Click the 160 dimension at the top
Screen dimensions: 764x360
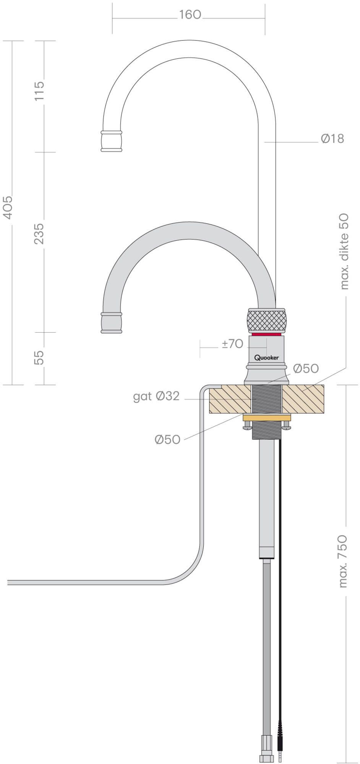190,15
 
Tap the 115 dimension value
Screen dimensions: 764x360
40,91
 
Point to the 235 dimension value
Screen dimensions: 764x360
40,233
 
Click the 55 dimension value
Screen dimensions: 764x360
40,358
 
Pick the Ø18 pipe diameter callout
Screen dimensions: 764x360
332,138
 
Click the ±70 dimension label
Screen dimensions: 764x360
232,344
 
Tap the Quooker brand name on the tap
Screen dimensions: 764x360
266,358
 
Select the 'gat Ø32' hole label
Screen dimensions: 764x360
156,396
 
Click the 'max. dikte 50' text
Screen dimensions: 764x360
344,251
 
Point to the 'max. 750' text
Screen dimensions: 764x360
343,561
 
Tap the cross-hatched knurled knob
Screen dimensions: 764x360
266,320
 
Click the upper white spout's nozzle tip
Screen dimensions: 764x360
112,141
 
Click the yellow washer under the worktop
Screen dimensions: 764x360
266,418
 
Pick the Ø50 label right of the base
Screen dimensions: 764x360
306,368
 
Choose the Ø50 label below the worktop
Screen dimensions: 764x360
167,440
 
